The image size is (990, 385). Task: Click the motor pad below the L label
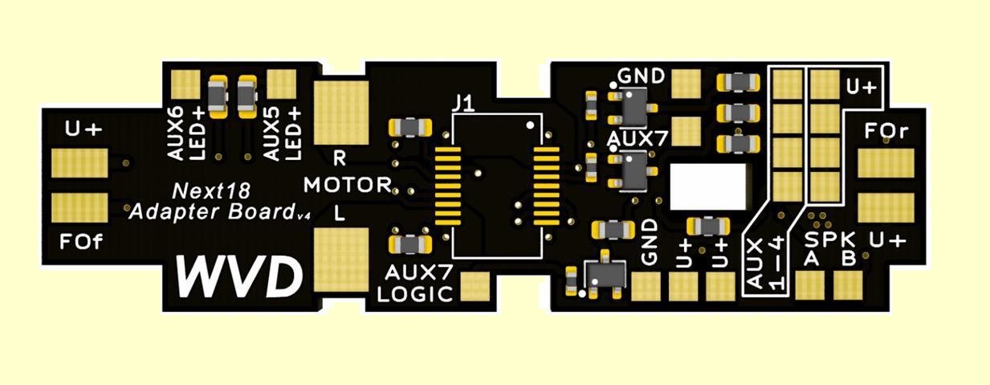[x=340, y=258]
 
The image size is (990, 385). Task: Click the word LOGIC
[x=415, y=293]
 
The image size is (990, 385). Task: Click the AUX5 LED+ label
[x=281, y=133]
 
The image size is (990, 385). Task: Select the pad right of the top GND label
[x=686, y=82]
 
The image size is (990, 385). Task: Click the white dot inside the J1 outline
[x=529, y=126]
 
